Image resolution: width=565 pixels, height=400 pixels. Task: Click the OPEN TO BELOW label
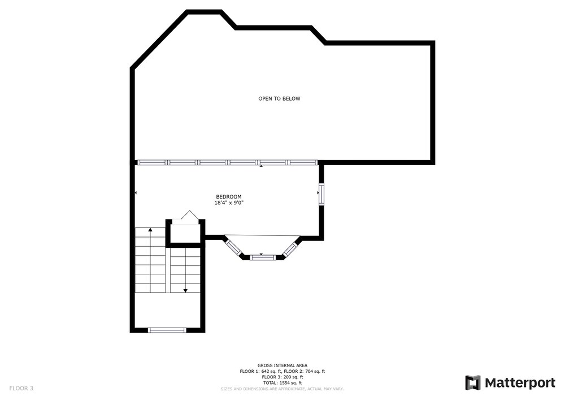pyautogui.click(x=279, y=98)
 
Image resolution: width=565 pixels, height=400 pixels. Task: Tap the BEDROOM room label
pyautogui.click(x=229, y=196)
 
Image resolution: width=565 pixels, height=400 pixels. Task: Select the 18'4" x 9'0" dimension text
pyautogui.click(x=229, y=203)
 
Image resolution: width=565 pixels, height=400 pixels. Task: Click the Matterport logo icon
pyautogui.click(x=472, y=382)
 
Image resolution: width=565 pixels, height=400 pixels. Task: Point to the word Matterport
pyautogui.click(x=520, y=382)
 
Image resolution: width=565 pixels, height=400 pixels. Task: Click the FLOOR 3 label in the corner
pyautogui.click(x=21, y=389)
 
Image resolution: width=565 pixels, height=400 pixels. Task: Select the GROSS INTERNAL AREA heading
pyautogui.click(x=282, y=365)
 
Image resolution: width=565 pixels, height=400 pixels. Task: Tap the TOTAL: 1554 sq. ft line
pyautogui.click(x=282, y=382)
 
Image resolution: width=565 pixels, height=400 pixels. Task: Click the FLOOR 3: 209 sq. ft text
pyautogui.click(x=282, y=377)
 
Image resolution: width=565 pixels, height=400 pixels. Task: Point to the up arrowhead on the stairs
pyautogui.click(x=150, y=229)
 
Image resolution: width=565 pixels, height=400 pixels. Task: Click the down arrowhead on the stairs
pyautogui.click(x=185, y=290)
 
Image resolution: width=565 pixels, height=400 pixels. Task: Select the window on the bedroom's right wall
pyautogui.click(x=321, y=194)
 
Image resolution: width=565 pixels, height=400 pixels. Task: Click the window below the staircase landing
pyautogui.click(x=167, y=330)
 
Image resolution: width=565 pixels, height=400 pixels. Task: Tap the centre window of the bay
pyautogui.click(x=262, y=257)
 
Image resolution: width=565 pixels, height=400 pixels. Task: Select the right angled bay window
pyautogui.click(x=290, y=250)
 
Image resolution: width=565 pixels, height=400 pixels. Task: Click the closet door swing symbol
pyautogui.click(x=190, y=215)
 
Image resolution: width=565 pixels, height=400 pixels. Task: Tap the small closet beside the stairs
pyautogui.click(x=185, y=233)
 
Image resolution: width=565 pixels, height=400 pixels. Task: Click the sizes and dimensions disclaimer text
pyautogui.click(x=282, y=389)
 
